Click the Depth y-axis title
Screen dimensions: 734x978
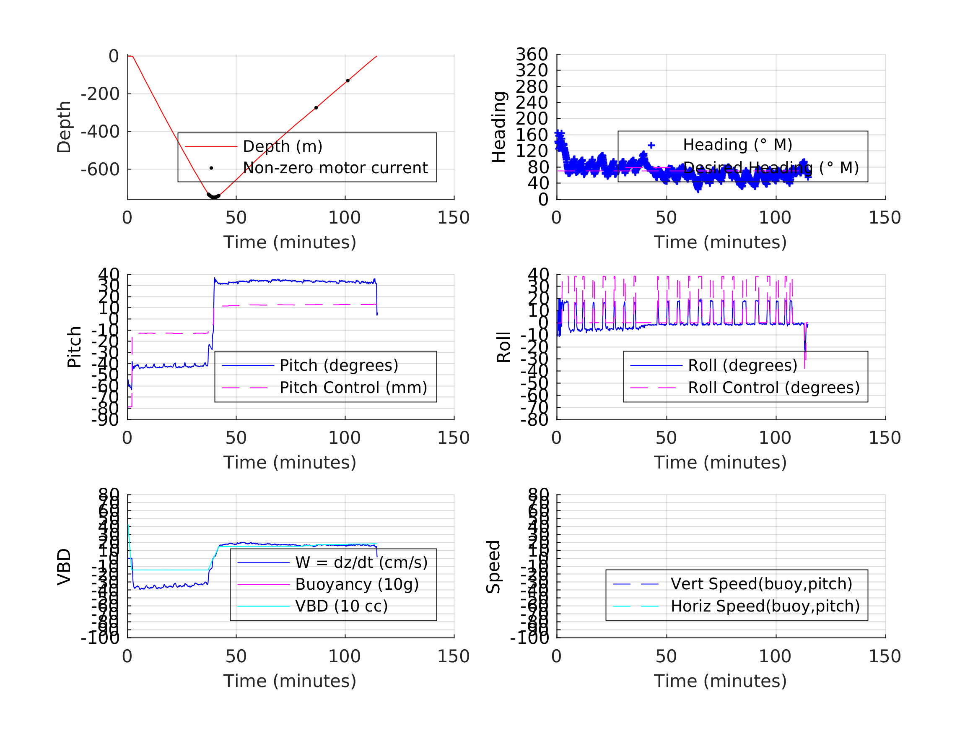[x=64, y=127]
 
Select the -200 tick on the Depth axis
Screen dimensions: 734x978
[x=100, y=94]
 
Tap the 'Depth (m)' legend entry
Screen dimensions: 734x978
[x=283, y=146]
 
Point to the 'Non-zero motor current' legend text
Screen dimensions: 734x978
[x=335, y=168]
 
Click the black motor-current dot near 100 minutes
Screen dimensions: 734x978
[x=348, y=81]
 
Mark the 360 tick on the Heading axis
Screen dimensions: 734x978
[x=532, y=55]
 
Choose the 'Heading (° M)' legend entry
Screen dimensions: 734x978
[x=737, y=145]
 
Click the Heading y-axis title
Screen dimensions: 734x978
[x=499, y=127]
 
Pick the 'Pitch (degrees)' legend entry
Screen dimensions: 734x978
[x=339, y=365]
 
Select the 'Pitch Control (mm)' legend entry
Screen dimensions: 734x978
[x=353, y=388]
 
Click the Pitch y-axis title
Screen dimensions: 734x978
[x=74, y=347]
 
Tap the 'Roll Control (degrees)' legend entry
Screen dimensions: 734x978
[x=774, y=388]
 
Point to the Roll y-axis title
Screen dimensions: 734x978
[x=503, y=347]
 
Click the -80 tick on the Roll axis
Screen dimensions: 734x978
[x=534, y=420]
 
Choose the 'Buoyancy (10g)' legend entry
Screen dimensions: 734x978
[x=357, y=584]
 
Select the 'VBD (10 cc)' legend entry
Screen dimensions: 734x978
[x=341, y=606]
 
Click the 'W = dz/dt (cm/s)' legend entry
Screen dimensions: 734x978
[x=361, y=562]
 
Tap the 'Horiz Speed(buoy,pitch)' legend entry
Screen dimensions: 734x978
[x=765, y=606]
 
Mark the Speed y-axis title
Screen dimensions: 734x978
[x=493, y=566]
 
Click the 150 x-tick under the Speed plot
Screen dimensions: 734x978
[x=885, y=656]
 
